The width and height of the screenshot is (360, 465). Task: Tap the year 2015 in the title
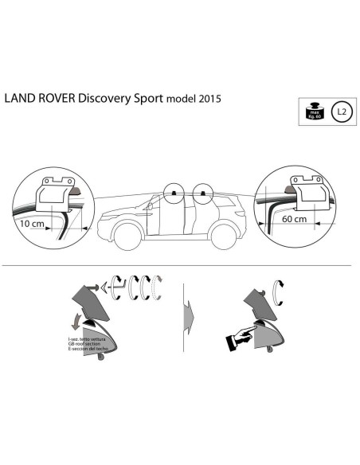208,100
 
